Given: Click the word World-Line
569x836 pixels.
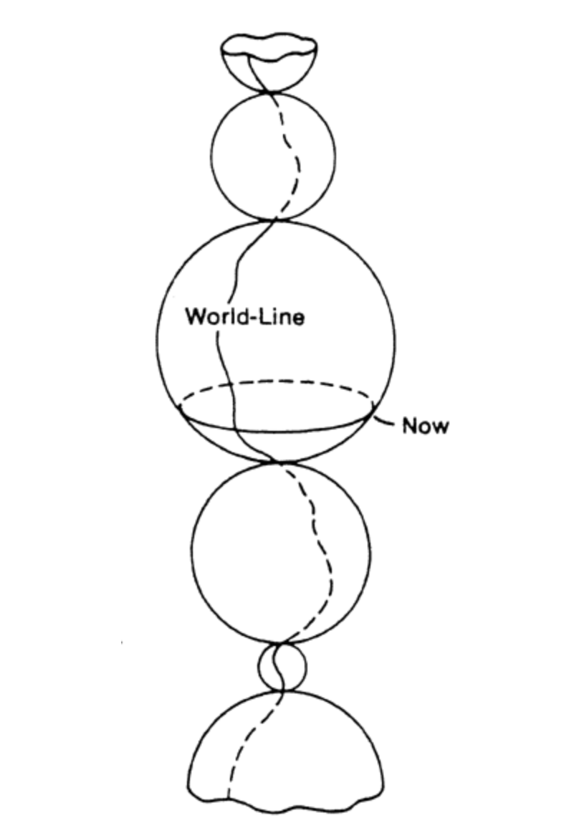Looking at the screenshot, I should point(244,316).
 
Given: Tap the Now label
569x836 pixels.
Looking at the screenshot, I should point(425,426).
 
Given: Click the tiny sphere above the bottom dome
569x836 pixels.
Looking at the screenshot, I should point(281,667).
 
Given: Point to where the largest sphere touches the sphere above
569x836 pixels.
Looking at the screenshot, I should point(277,220).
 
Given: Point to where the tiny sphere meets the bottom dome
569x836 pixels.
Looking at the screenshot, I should point(282,690).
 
